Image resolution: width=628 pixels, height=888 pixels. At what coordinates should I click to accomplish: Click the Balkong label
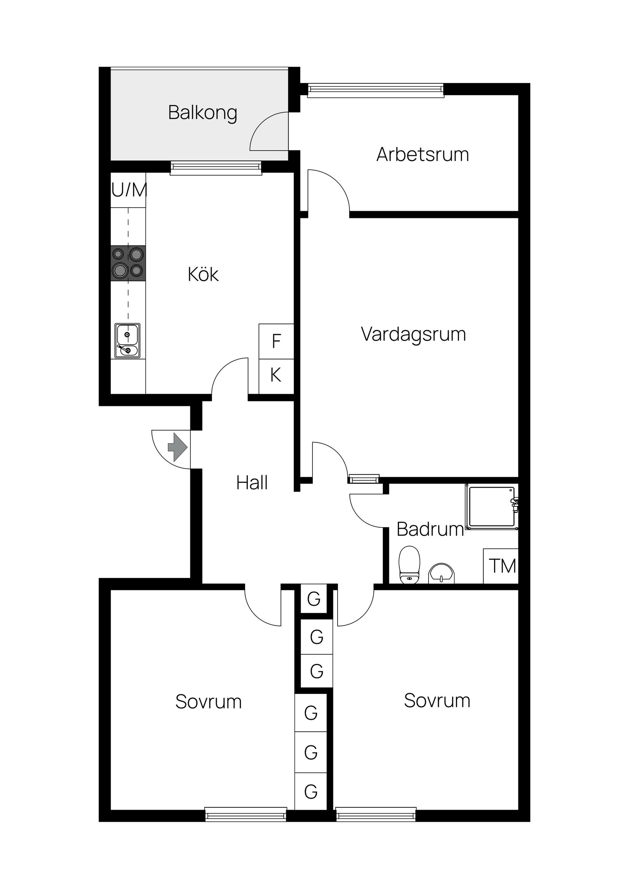[202, 113]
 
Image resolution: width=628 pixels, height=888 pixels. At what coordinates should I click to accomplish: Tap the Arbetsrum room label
[422, 154]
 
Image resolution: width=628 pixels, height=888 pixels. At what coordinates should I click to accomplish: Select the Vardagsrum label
[413, 334]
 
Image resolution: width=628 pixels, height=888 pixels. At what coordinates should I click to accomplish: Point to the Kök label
[203, 275]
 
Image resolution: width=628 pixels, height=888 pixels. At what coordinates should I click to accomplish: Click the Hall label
[252, 483]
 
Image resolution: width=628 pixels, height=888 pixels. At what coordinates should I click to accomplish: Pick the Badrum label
[430, 529]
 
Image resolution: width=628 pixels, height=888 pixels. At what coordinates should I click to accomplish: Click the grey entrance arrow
[178, 447]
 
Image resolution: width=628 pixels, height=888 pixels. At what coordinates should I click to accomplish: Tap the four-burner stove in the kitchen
[128, 263]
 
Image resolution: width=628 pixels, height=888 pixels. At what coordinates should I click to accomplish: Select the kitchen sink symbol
[127, 341]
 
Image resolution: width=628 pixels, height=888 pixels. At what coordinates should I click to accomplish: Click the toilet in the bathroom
[409, 565]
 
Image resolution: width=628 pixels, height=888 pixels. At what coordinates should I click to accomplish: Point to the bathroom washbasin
[441, 573]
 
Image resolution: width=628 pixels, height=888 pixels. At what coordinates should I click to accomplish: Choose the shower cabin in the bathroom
[492, 507]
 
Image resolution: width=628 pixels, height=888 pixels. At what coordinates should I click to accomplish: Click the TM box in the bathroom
[502, 566]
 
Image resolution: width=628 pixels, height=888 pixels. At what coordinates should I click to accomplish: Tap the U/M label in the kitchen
[129, 190]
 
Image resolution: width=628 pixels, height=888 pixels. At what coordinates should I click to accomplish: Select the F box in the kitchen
[276, 341]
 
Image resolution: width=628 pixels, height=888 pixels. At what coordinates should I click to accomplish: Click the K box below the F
[276, 375]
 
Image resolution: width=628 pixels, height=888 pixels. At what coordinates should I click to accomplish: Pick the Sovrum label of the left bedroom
[208, 702]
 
